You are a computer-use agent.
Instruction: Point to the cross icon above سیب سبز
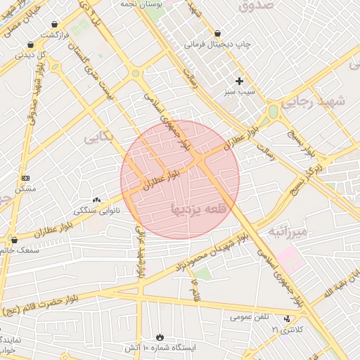[239, 81]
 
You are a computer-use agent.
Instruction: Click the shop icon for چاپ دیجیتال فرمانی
[217, 33]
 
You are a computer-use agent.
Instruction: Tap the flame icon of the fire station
[160, 337]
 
